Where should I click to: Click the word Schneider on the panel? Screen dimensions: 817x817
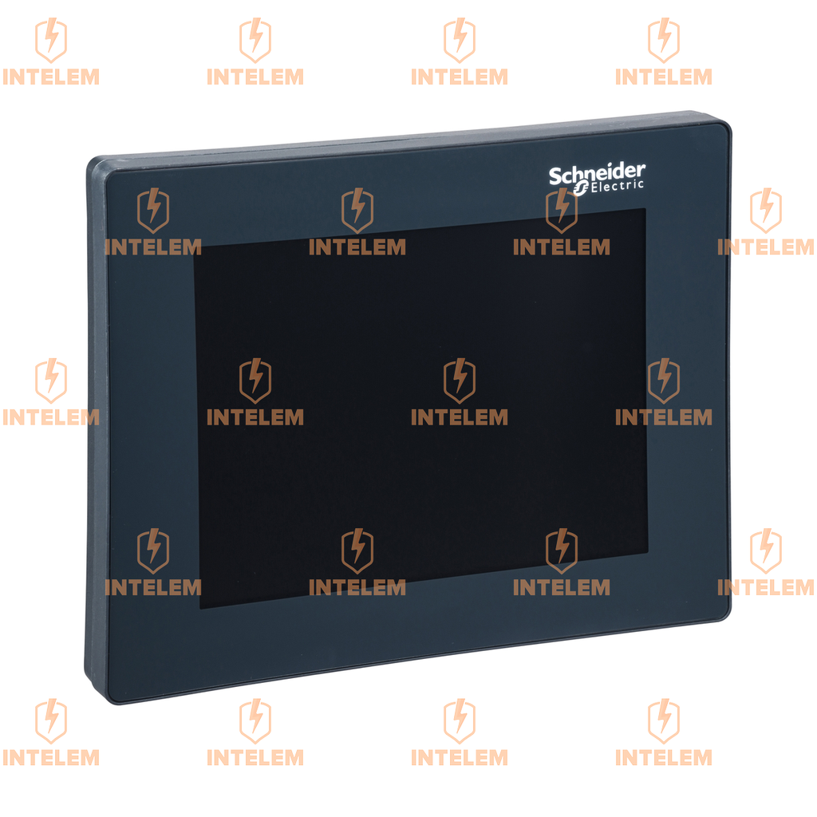click(597, 174)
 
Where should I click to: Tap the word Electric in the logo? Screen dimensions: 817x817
click(617, 186)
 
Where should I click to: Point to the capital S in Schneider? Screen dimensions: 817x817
click(555, 177)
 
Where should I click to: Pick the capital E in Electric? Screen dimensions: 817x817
click(594, 187)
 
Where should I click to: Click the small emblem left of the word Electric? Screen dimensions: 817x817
click(581, 189)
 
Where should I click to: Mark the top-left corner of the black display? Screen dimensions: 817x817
click(195, 247)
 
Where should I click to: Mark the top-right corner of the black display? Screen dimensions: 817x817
click(645, 208)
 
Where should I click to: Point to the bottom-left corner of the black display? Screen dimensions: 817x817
click(200, 608)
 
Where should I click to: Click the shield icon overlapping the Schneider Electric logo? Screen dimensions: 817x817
click(561, 211)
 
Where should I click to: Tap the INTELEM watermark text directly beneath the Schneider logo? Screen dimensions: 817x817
click(561, 247)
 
